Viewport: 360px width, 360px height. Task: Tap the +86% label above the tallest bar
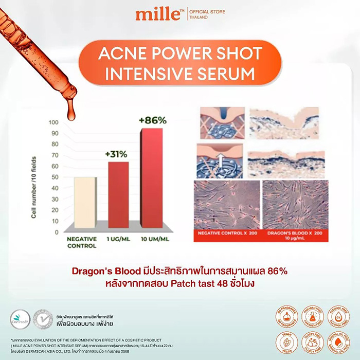(x=153, y=120)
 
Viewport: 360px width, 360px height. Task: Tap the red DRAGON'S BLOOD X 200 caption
(x=295, y=235)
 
